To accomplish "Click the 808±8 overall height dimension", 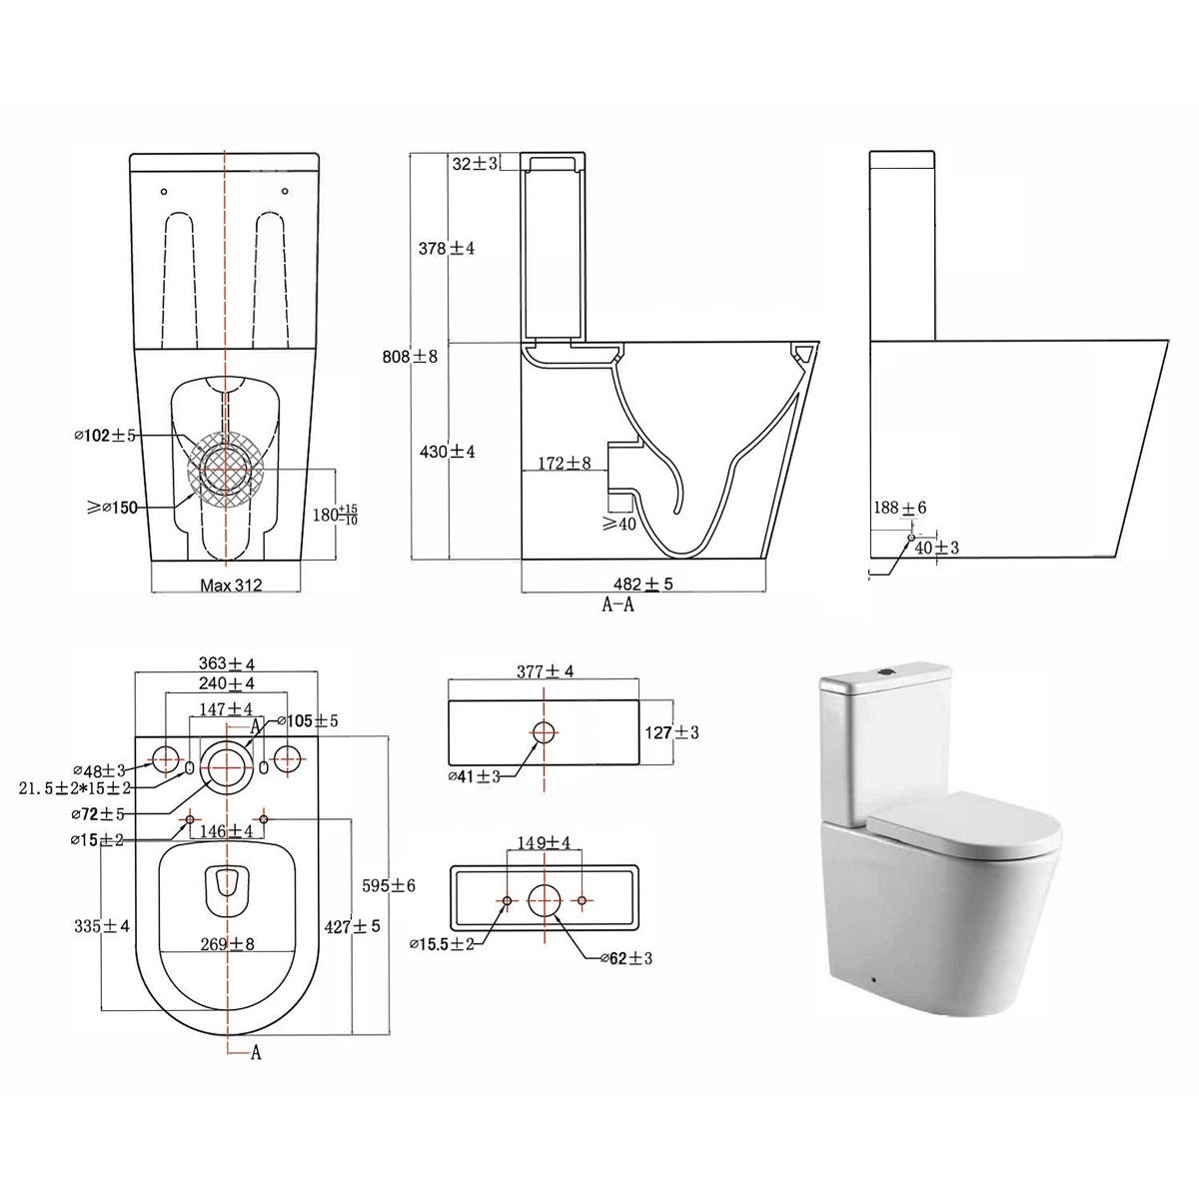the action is [410, 357].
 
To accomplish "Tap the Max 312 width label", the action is [231, 585].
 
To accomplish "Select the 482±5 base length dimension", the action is [643, 584].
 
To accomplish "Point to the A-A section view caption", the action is [617, 603].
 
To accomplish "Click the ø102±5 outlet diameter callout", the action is [104, 436].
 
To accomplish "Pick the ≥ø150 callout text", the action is [112, 508].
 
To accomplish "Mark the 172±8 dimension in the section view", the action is [565, 463].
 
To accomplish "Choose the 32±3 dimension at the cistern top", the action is [475, 164].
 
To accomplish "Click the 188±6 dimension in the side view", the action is [899, 508].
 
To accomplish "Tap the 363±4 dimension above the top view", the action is [227, 663].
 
